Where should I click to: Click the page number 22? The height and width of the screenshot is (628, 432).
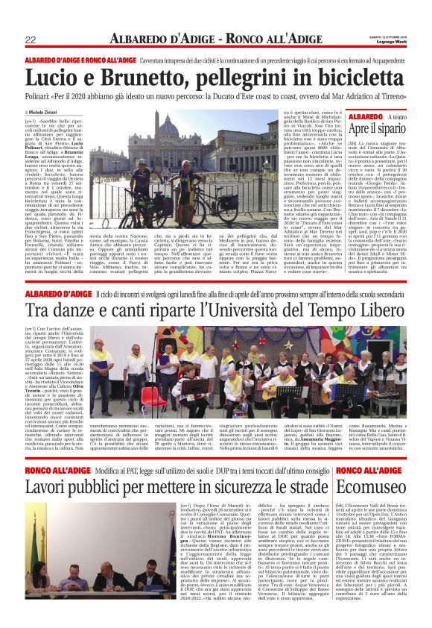[x=31, y=40]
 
